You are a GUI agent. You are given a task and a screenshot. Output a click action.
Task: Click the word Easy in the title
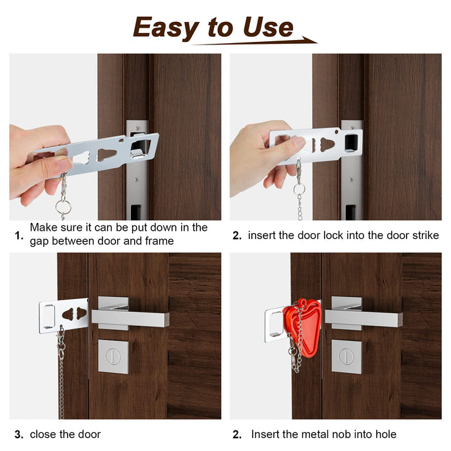coord(166,28)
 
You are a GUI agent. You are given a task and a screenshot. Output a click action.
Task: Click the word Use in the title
coord(268,27)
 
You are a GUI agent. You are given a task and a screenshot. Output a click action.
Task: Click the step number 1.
coord(19,236)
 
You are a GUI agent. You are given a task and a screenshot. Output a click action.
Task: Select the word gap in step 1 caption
coord(39,242)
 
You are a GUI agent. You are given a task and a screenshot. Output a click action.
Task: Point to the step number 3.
coord(19,434)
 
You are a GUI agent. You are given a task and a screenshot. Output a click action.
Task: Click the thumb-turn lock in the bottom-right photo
coord(347,356)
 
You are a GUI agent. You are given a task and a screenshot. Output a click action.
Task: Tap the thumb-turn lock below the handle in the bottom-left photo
coord(113,356)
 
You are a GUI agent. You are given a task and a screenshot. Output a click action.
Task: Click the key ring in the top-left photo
coord(63,207)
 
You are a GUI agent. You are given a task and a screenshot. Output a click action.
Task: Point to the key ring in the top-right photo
coord(299,189)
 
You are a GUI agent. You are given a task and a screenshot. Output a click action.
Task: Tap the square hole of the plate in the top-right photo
coord(351,142)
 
